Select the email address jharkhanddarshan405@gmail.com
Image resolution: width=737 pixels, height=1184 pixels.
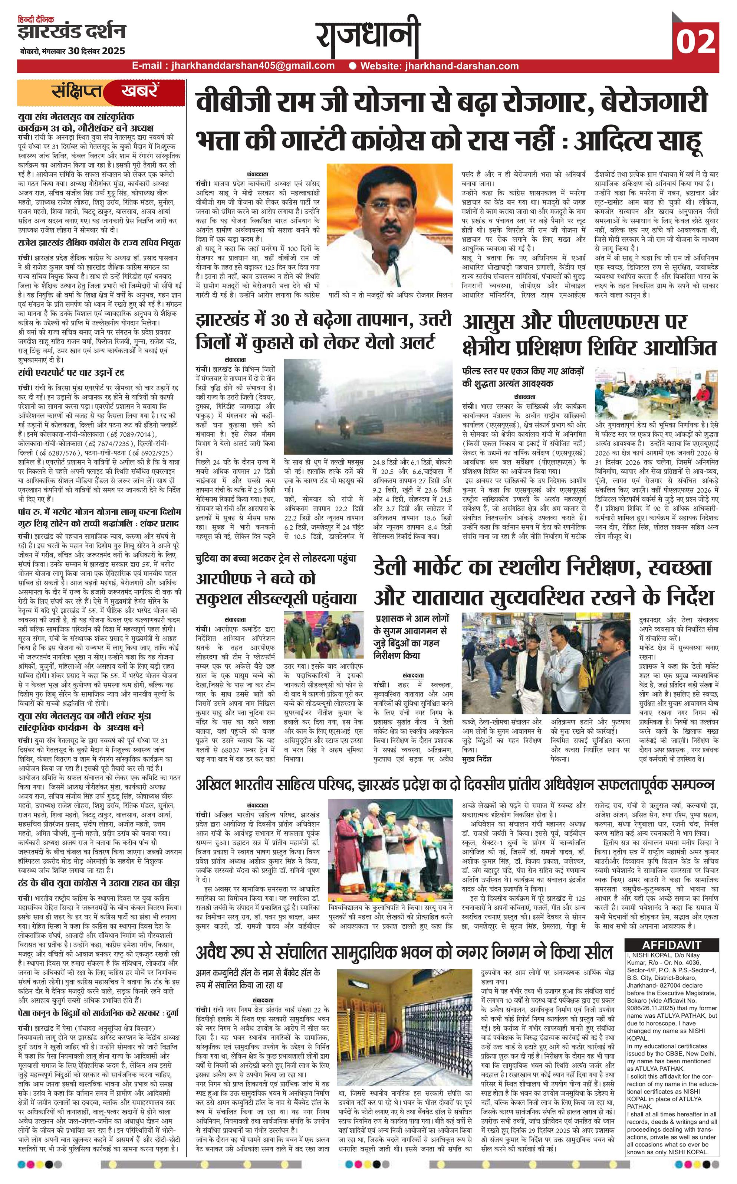tap(250, 66)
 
